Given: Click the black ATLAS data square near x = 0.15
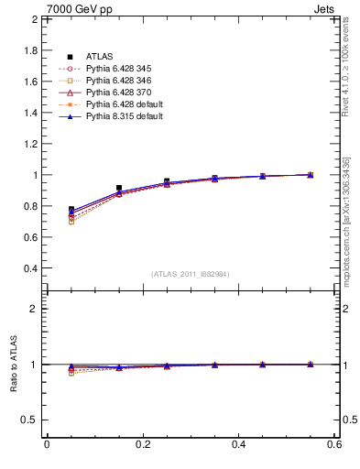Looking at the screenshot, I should click(119, 188).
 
